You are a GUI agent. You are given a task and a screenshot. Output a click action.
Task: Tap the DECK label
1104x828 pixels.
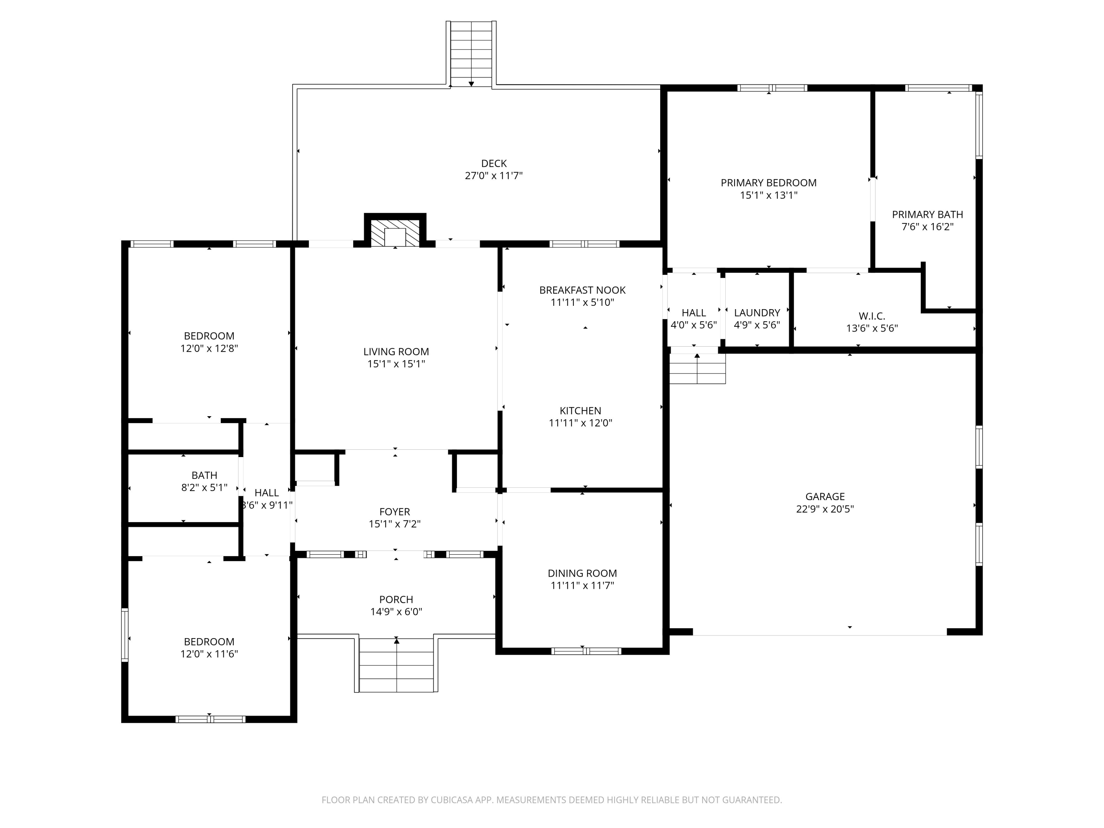(x=493, y=163)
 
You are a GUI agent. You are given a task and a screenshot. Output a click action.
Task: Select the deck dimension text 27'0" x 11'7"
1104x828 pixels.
(x=493, y=176)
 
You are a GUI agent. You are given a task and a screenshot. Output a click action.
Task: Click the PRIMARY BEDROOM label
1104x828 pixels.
(x=769, y=183)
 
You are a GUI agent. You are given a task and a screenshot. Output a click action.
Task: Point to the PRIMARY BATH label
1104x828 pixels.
(x=927, y=215)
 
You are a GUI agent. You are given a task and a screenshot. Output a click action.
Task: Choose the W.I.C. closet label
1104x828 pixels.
(x=871, y=316)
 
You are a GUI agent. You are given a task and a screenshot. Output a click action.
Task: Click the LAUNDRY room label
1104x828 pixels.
(x=757, y=313)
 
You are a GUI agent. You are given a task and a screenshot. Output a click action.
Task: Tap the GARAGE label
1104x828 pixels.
(x=825, y=496)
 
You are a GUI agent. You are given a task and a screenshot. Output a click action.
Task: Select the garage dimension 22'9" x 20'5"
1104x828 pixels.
(x=825, y=509)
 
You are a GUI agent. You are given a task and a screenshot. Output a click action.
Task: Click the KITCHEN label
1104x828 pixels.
(x=580, y=411)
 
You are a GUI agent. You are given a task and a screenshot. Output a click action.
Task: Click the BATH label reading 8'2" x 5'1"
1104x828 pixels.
(x=204, y=475)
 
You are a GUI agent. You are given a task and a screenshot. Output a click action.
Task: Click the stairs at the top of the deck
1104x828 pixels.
(x=471, y=53)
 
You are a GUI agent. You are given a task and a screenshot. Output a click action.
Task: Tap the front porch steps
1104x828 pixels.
(x=396, y=665)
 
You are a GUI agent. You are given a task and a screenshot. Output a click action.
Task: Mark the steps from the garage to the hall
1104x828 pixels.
(x=697, y=368)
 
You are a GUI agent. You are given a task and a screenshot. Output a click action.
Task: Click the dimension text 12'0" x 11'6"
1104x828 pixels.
(x=209, y=654)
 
